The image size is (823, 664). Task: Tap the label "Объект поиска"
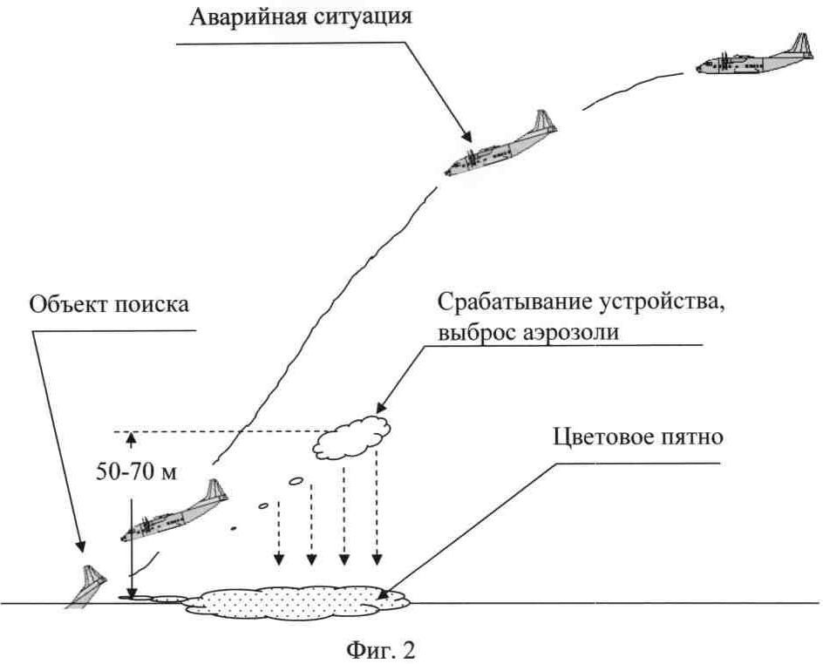tap(109, 304)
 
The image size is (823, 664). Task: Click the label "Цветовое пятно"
tap(637, 437)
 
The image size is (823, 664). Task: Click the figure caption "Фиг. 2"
tap(380, 650)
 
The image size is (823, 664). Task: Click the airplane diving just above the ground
tap(174, 512)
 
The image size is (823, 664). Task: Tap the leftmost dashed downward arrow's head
tap(279, 559)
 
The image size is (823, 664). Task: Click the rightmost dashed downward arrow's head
tap(377, 559)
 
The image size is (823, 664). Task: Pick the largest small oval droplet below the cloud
tap(296, 480)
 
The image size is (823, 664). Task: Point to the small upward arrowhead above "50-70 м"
tap(132, 439)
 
